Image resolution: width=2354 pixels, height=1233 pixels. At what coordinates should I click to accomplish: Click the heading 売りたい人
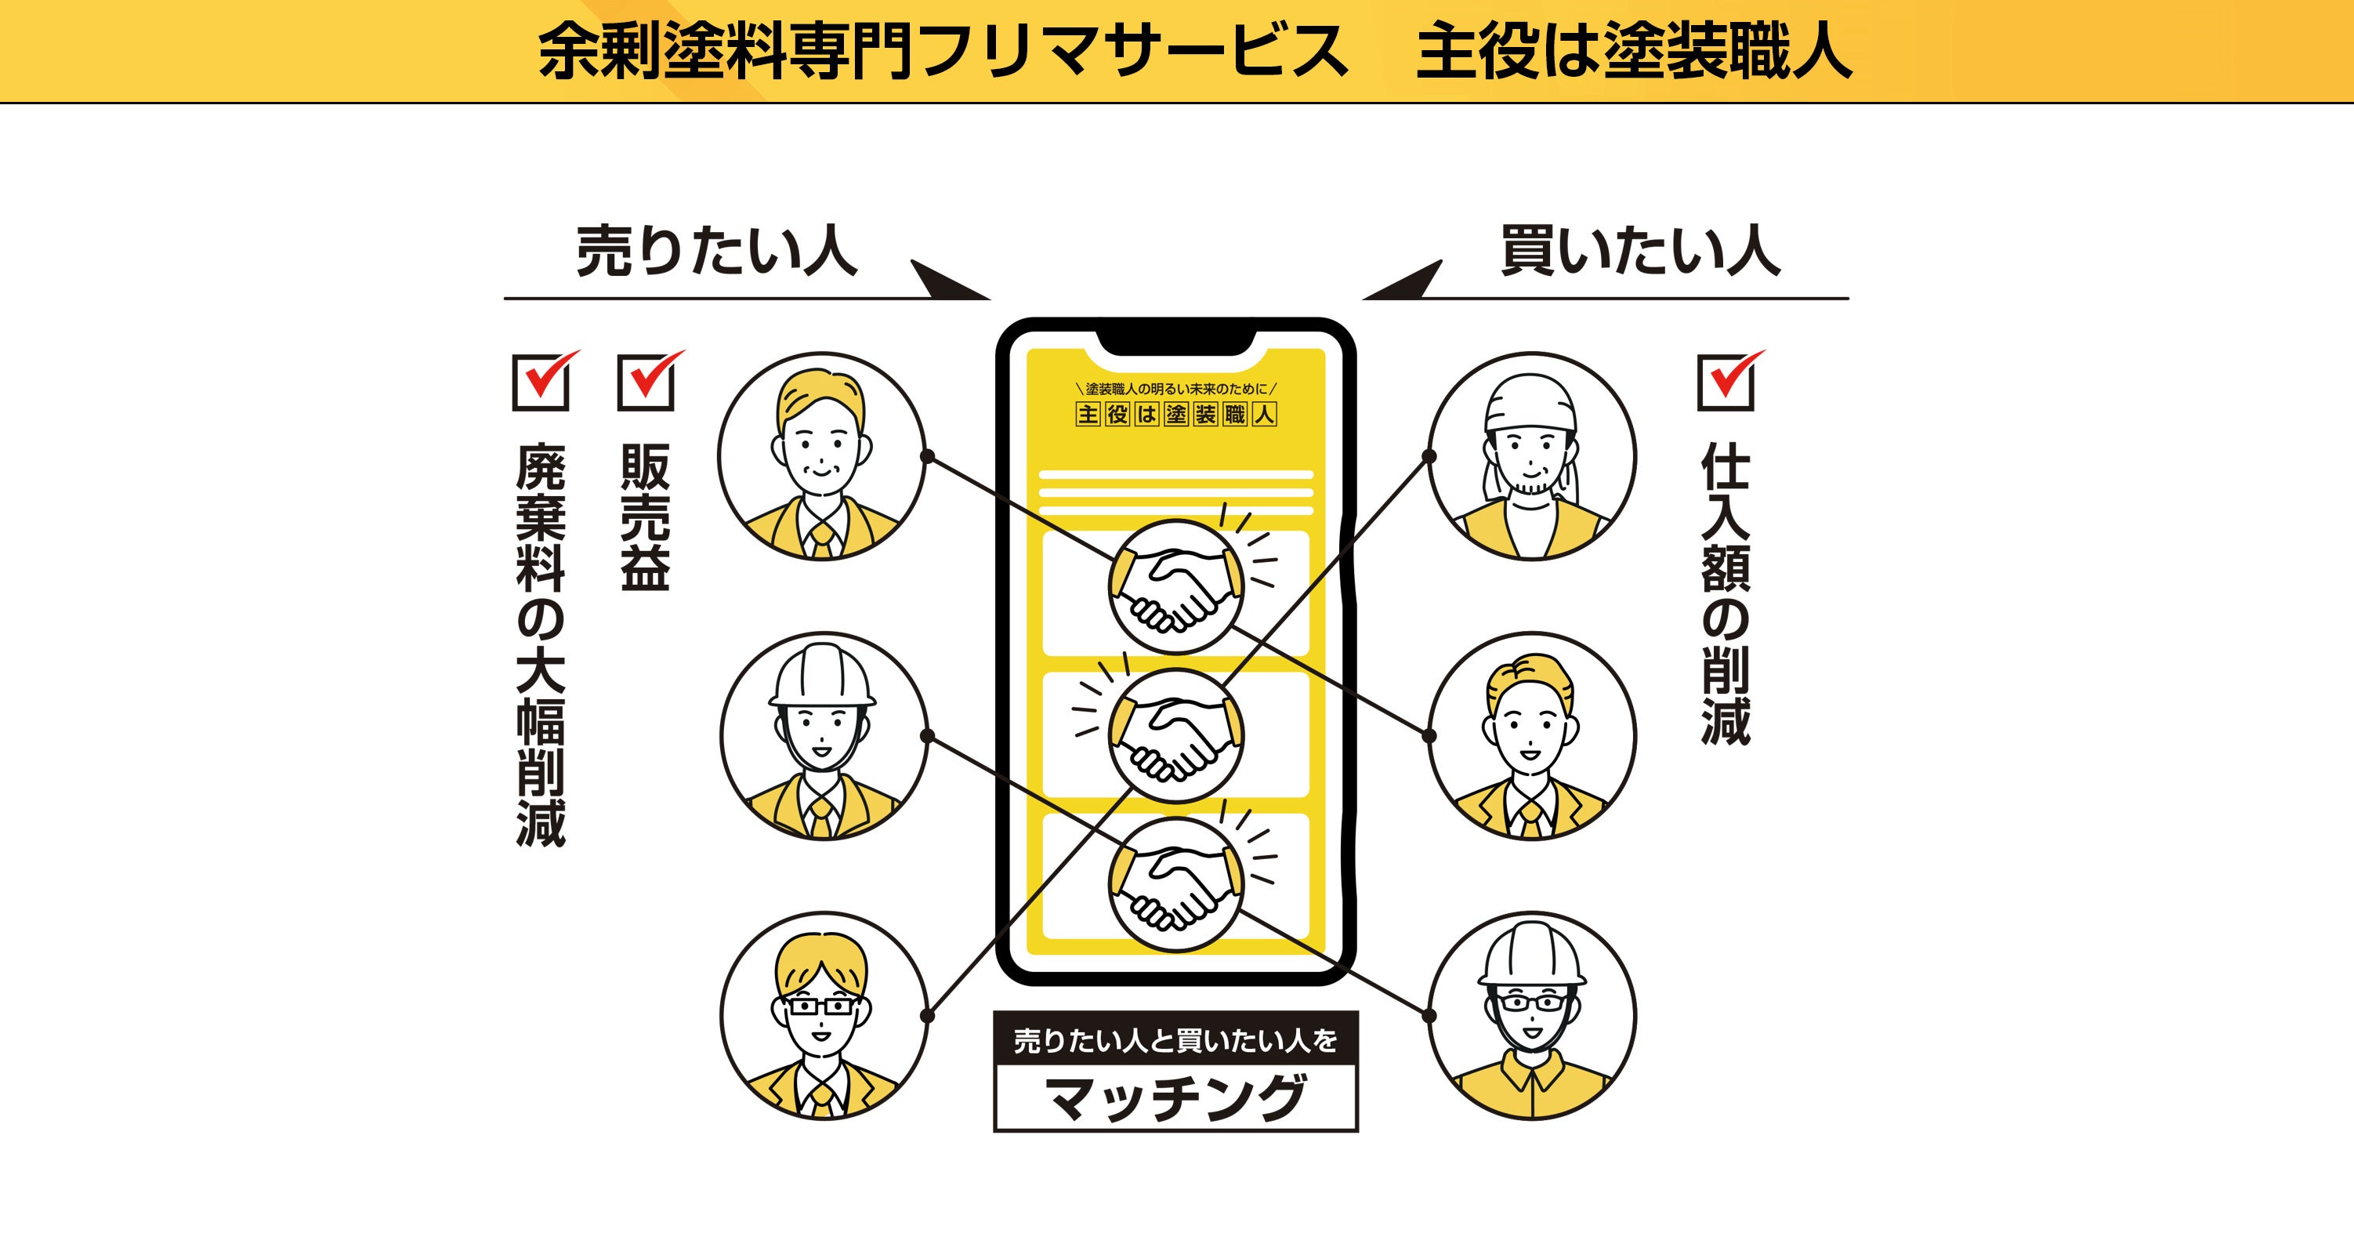pos(716,252)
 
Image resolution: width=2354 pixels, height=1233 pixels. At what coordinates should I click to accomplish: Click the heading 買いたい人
pos(1640,252)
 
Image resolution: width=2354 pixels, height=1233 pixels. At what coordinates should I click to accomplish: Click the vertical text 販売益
pos(645,517)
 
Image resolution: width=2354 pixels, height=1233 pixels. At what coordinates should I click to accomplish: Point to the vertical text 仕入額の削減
pos(1726,594)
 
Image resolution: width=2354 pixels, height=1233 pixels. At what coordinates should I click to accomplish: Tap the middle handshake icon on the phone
pos(1175,736)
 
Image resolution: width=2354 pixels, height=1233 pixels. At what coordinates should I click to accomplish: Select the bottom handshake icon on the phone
pos(1175,885)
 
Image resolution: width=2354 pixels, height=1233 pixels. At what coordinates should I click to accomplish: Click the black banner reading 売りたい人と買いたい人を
pos(1175,1040)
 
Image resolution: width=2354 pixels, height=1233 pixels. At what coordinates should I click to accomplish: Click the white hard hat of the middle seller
pos(821,676)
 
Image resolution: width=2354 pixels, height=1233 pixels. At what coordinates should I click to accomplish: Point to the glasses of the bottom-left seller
pos(821,1006)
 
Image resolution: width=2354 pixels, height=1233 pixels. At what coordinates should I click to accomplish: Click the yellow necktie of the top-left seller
pos(821,541)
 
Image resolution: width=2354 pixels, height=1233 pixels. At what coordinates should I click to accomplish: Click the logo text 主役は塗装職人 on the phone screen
pos(1175,414)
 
